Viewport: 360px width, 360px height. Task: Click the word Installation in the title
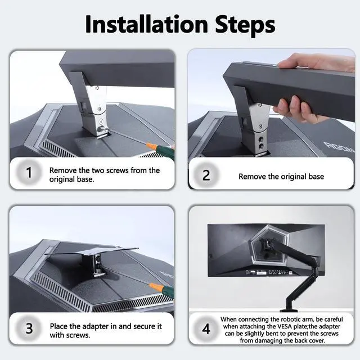tap(146, 24)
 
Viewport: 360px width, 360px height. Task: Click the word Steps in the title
tap(245, 26)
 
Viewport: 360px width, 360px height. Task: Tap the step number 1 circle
tap(29, 172)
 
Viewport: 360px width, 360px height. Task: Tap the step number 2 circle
tap(206, 175)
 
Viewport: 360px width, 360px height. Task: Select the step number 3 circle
tap(29, 328)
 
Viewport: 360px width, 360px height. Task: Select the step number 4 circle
tap(206, 328)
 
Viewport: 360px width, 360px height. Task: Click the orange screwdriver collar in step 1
tap(151, 146)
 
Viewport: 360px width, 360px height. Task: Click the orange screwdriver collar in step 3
tap(154, 286)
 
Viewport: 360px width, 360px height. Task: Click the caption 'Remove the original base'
tap(281, 176)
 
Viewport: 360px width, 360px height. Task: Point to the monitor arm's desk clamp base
tap(289, 310)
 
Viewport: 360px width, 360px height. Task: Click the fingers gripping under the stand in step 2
tap(296, 109)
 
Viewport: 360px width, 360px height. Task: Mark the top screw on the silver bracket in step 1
tap(97, 88)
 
